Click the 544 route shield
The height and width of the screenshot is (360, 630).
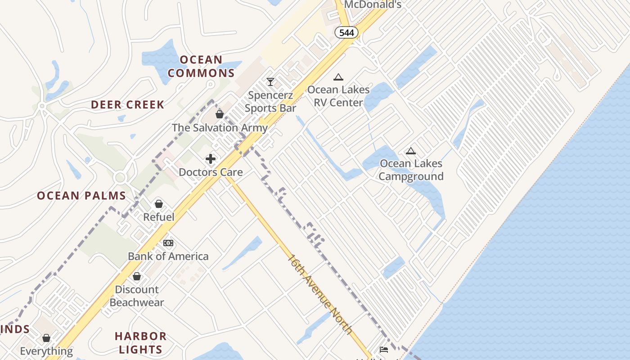[346, 32]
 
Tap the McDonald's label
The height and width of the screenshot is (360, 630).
[372, 5]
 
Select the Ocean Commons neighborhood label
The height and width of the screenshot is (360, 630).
[201, 66]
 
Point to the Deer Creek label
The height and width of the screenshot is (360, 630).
[127, 105]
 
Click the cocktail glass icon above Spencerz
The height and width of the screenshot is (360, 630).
[270, 82]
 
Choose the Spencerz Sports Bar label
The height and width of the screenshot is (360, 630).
[270, 102]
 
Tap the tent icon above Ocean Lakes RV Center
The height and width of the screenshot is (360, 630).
[338, 77]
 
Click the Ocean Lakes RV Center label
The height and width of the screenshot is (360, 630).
[338, 96]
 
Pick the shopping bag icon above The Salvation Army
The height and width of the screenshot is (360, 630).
[220, 114]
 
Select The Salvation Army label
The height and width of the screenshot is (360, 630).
[220, 128]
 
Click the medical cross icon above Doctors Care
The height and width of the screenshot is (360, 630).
[211, 159]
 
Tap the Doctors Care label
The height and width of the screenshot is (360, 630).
[211, 172]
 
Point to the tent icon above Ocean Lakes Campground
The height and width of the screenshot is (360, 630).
[410, 151]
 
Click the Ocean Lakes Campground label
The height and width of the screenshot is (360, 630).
[411, 170]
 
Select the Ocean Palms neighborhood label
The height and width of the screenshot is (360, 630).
[81, 196]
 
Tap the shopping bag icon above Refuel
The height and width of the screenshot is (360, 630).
[158, 204]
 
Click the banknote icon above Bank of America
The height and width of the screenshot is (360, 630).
[168, 243]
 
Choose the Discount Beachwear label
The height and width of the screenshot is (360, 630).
[137, 296]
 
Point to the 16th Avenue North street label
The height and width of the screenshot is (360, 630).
[320, 294]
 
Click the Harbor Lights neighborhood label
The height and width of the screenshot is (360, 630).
[140, 342]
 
